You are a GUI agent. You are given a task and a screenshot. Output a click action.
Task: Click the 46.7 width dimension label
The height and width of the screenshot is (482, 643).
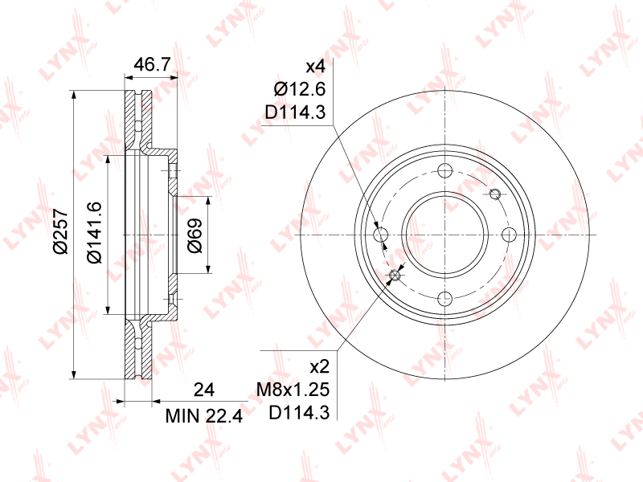tap(152, 64)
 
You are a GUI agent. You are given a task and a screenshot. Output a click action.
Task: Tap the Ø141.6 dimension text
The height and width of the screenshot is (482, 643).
tap(94, 232)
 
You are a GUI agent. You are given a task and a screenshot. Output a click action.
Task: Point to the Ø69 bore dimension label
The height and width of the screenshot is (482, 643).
tap(195, 235)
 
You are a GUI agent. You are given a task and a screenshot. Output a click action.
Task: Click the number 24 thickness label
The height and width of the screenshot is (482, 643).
tap(204, 390)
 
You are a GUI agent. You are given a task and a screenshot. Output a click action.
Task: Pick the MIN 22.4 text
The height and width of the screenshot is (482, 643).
tap(204, 416)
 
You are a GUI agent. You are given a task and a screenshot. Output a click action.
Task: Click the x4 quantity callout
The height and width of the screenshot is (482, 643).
tap(316, 67)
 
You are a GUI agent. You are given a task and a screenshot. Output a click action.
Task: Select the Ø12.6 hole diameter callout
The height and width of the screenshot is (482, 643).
tap(300, 89)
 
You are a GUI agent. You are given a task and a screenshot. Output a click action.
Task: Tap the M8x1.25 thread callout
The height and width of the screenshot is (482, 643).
tap(293, 390)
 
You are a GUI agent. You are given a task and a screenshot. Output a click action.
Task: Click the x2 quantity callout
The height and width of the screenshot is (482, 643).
tap(320, 367)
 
